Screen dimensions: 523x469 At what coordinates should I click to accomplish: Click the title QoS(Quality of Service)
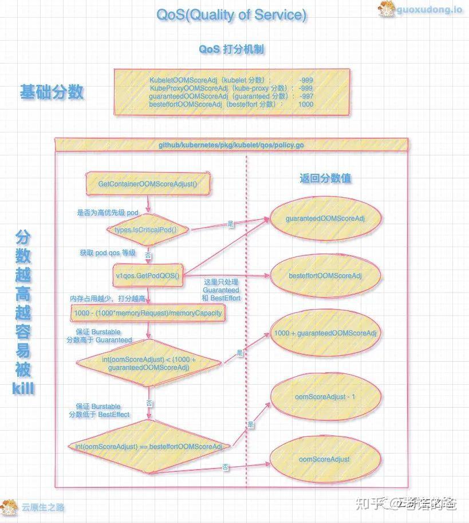(231, 15)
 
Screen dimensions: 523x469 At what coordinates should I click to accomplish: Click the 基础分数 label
(52, 92)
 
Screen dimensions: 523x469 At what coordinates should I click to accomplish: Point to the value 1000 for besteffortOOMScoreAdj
(305, 104)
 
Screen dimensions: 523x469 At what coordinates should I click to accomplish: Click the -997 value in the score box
(305, 96)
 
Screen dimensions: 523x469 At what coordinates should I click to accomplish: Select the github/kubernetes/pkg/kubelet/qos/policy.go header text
(231, 145)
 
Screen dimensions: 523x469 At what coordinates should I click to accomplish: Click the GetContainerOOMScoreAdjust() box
(148, 184)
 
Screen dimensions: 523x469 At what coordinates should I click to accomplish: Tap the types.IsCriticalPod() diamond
(148, 229)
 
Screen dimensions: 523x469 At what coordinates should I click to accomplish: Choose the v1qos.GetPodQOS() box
(148, 276)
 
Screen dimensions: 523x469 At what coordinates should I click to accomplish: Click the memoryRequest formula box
(148, 314)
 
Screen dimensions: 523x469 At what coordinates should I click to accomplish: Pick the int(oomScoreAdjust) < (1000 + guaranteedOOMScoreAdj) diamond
(148, 364)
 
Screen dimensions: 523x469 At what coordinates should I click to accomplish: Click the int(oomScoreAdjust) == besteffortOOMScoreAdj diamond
(148, 446)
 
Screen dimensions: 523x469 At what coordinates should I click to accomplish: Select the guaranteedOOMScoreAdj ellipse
(325, 218)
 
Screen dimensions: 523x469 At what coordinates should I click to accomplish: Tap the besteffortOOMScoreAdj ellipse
(325, 276)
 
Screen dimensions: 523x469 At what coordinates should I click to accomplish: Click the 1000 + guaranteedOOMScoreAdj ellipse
(325, 333)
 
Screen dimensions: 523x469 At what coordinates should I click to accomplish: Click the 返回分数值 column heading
(325, 178)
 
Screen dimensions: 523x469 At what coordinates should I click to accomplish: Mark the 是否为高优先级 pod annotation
(108, 213)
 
